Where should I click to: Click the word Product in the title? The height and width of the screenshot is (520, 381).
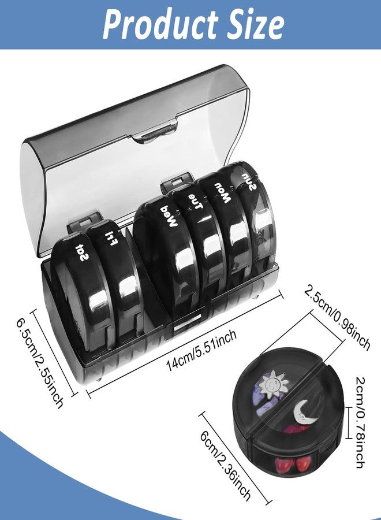tap(152, 24)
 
